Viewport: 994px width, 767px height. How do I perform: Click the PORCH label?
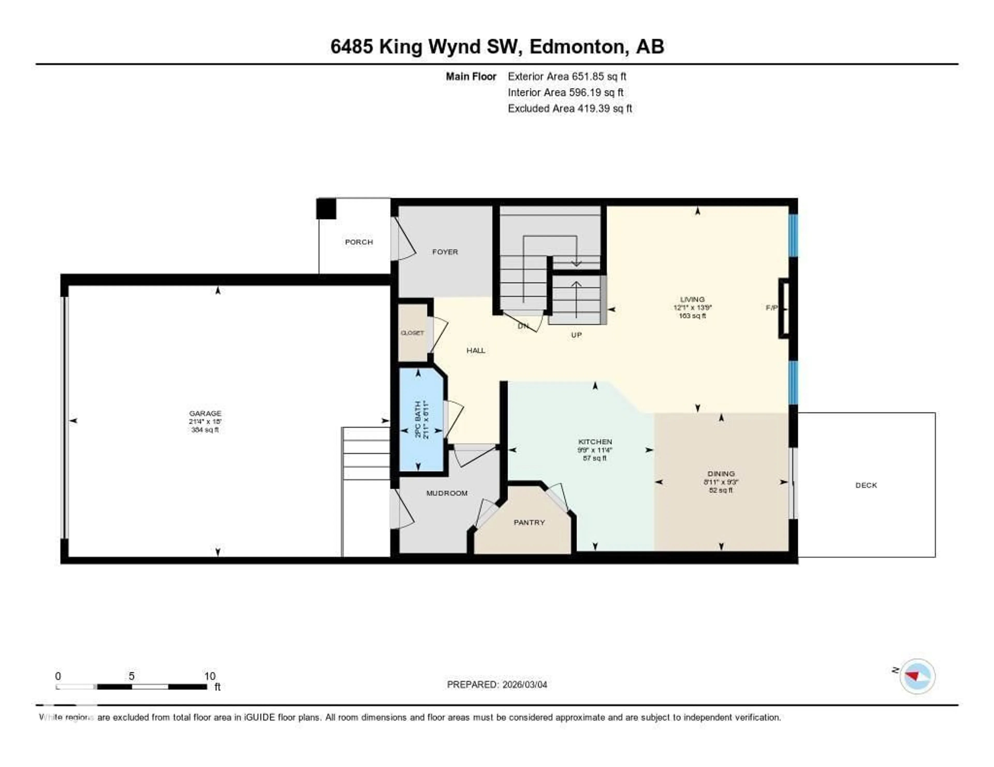click(359, 242)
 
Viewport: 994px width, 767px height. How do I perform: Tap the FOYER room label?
click(445, 252)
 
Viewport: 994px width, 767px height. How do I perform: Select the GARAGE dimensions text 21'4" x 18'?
click(205, 422)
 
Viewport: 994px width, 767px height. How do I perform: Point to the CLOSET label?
click(412, 333)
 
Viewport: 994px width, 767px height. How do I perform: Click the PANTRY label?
click(529, 522)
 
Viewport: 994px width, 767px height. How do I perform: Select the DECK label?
click(866, 485)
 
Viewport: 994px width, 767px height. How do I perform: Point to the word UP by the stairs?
click(576, 335)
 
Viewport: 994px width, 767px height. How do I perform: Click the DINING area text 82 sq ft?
click(721, 490)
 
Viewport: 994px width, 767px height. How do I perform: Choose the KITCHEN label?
click(595, 441)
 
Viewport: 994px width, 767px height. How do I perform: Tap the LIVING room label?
click(692, 299)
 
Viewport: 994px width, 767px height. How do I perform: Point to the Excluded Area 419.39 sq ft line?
click(569, 108)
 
